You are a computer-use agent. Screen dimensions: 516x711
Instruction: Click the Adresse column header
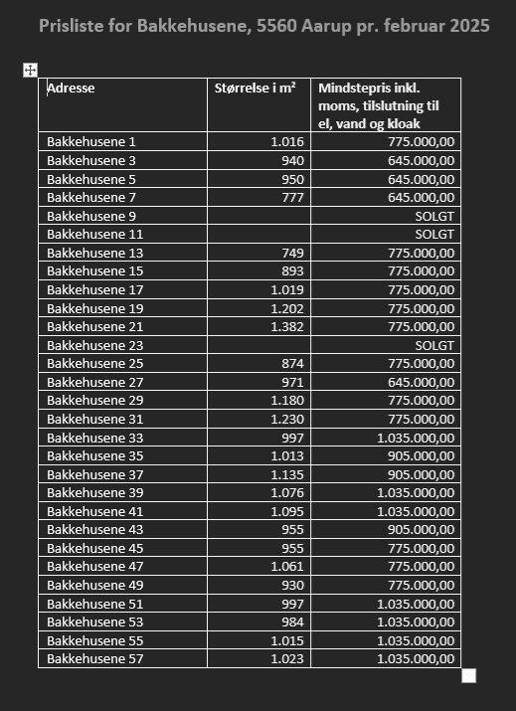[x=71, y=89]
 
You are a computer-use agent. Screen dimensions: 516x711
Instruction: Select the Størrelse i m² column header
[x=256, y=89]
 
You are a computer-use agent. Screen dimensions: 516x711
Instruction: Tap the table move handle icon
[x=30, y=70]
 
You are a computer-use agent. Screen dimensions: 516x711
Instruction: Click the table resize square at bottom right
[x=469, y=676]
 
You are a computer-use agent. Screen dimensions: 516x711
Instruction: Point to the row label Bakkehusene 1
[x=90, y=142]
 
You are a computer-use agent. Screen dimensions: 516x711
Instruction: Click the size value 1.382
[x=287, y=327]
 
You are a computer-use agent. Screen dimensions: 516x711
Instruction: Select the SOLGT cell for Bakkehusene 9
[x=434, y=216]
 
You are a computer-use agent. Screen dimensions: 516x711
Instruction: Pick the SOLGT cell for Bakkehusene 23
[x=434, y=345]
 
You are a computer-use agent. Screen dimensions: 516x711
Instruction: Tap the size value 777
[x=292, y=198]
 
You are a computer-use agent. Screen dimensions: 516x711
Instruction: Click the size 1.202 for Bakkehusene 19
[x=287, y=308]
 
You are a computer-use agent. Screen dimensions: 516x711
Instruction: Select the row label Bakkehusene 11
[x=94, y=235]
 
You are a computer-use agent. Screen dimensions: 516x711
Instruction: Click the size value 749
[x=292, y=253]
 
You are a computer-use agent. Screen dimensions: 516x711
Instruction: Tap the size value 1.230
[x=287, y=420]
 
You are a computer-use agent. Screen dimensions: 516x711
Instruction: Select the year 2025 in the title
[x=469, y=26]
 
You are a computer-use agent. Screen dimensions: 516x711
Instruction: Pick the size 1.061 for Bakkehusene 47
[x=287, y=567]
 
